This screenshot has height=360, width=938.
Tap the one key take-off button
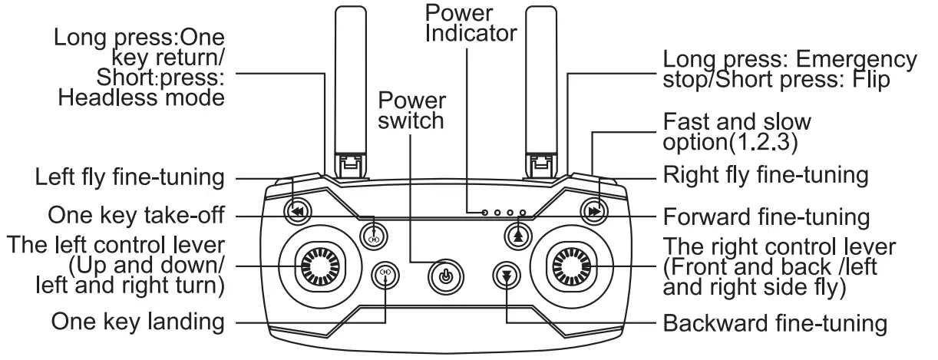tap(374, 233)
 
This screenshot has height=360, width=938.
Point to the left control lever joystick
tap(318, 265)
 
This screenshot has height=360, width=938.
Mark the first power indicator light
tap(485, 212)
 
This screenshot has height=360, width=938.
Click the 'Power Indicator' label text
tap(471, 23)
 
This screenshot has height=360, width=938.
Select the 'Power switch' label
tap(411, 111)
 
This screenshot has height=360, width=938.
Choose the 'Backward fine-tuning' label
tap(775, 322)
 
